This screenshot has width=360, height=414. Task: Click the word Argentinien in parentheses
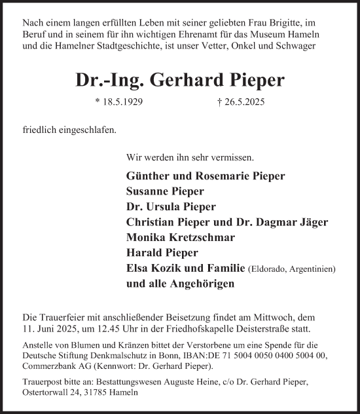pyautogui.click(x=311, y=269)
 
